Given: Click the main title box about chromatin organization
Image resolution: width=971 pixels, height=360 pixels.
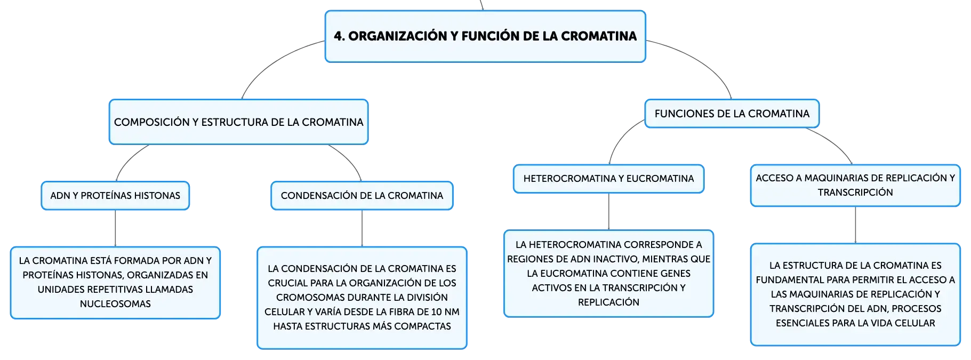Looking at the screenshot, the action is pyautogui.click(x=485, y=36).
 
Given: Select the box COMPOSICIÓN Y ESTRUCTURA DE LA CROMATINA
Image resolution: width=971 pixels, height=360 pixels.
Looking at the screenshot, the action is pyautogui.click(x=238, y=122).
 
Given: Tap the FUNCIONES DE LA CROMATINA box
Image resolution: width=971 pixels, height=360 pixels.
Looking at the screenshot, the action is pyautogui.click(x=732, y=114).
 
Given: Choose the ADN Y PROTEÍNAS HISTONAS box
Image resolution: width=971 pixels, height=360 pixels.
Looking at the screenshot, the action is pyautogui.click(x=115, y=196).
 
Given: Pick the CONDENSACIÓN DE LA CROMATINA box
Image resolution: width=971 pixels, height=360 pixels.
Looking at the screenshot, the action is pyautogui.click(x=362, y=196).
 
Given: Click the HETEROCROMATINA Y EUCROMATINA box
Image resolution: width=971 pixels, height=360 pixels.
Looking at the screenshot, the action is pyautogui.click(x=608, y=179).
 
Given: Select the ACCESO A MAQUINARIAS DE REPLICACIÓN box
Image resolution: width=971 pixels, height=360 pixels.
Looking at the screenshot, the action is pyautogui.click(x=855, y=185).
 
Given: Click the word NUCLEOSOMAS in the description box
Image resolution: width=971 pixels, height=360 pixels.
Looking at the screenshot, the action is pyautogui.click(x=115, y=304).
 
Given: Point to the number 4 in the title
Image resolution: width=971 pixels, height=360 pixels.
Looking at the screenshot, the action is pyautogui.click(x=338, y=36).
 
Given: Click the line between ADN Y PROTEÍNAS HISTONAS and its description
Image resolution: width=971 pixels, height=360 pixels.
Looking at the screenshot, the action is pyautogui.click(x=115, y=228).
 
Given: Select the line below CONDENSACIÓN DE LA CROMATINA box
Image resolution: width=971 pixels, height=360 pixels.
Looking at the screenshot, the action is pyautogui.click(x=362, y=228).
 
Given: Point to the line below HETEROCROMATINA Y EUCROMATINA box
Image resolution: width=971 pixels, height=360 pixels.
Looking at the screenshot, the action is pyautogui.click(x=608, y=212).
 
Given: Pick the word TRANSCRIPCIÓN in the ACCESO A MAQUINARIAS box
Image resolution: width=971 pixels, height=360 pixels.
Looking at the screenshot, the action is pyautogui.click(x=855, y=193).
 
